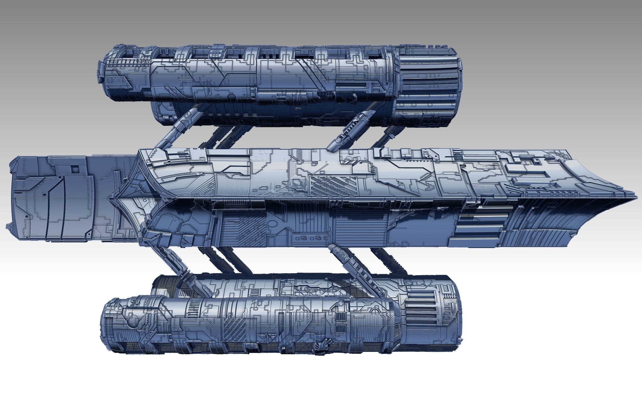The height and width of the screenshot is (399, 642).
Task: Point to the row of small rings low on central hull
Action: click(x=312, y=238)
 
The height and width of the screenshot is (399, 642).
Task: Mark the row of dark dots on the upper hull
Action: click(x=420, y=160)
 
